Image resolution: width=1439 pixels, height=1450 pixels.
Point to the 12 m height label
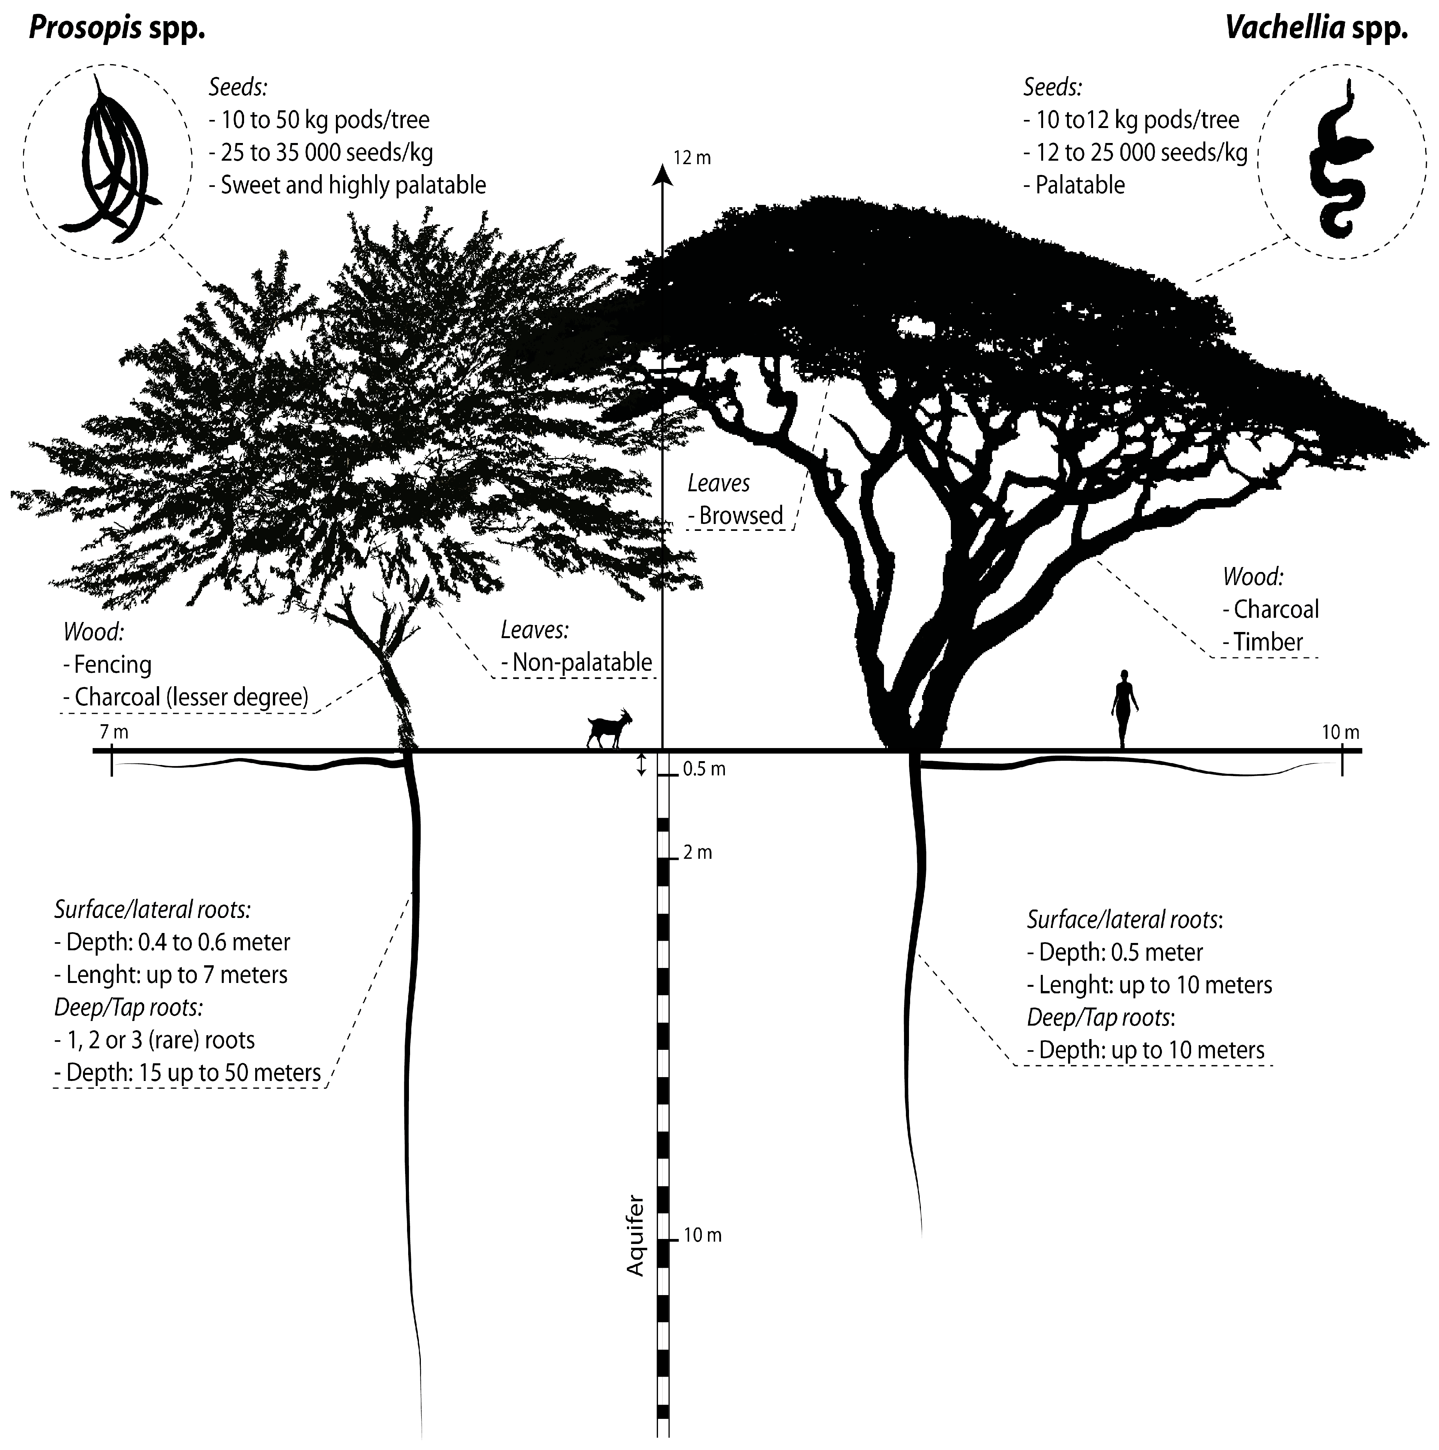tap(692, 158)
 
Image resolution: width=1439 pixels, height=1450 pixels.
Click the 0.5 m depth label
tap(704, 769)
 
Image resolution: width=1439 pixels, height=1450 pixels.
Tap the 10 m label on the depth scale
tap(702, 1235)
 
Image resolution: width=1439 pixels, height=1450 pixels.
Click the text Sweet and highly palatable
tap(352, 185)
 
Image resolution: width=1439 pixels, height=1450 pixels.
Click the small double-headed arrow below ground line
tap(641, 765)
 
